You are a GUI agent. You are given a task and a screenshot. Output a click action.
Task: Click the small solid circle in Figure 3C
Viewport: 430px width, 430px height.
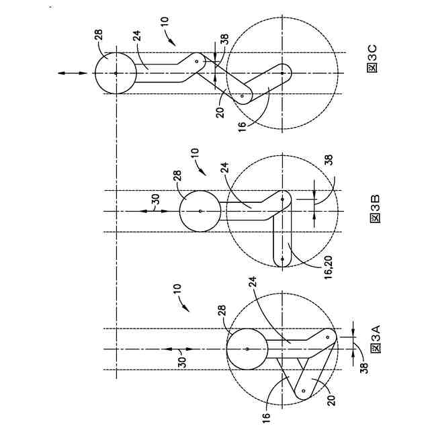pos(115,72)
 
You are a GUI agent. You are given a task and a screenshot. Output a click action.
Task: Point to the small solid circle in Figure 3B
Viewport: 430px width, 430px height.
pos(200,210)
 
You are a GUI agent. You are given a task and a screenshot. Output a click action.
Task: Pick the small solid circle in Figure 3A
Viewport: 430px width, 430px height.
pos(247,349)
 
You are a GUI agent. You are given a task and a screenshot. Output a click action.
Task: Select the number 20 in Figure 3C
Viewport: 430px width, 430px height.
pos(220,112)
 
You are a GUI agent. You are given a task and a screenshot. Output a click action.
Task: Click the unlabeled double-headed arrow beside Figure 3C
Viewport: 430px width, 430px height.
pos(72,72)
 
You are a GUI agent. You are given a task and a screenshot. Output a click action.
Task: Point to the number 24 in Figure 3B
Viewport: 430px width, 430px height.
pos(223,170)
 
